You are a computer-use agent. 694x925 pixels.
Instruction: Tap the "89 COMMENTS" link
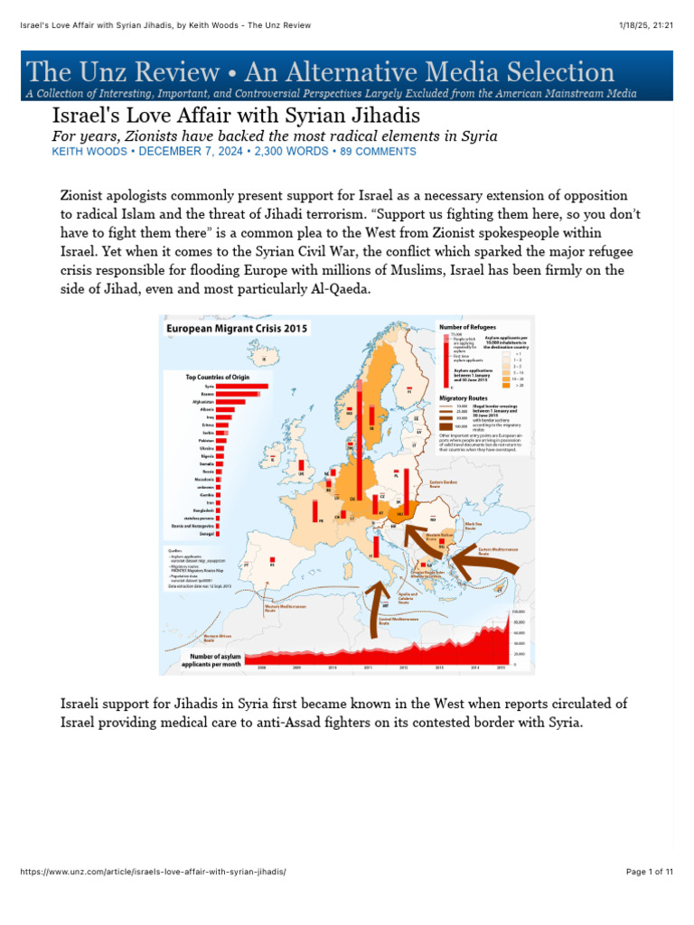pos(378,152)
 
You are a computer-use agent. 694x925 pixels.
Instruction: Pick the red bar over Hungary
pos(408,489)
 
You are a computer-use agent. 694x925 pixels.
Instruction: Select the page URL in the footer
pos(153,872)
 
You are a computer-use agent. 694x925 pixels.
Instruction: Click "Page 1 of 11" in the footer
pos(649,872)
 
